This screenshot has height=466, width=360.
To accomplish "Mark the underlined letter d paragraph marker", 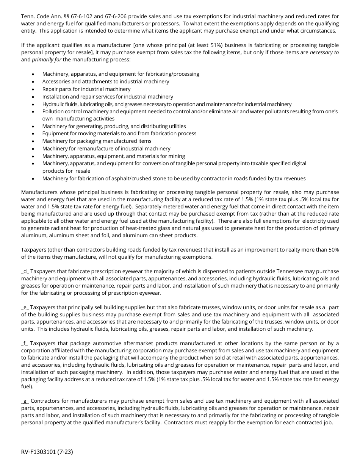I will [x=25, y=271].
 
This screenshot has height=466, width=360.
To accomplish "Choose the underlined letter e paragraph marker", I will [x=25, y=307].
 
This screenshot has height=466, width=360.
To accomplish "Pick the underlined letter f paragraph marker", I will [x=25, y=343].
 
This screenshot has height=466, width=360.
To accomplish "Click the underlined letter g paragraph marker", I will [x=25, y=401].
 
